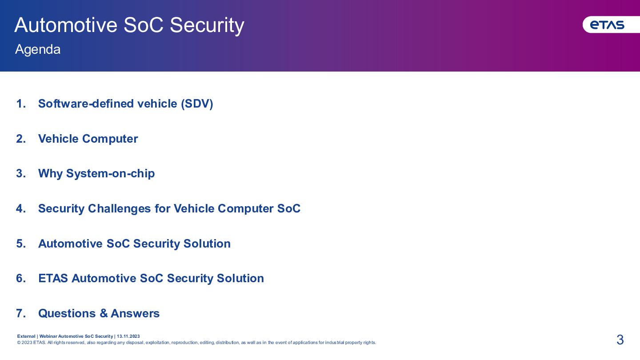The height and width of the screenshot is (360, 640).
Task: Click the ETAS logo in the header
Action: click(x=607, y=25)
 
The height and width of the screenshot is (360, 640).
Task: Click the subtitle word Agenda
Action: click(x=38, y=49)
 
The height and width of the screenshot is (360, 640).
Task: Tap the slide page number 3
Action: click(x=620, y=340)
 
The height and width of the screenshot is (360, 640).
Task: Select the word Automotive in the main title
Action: click(x=66, y=25)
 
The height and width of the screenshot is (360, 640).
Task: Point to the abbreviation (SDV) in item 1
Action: click(x=197, y=104)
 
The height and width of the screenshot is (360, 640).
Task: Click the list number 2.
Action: click(x=21, y=139)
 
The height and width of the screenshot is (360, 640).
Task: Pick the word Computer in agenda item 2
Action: click(x=110, y=139)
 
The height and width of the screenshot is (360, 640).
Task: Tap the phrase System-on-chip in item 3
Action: click(x=110, y=174)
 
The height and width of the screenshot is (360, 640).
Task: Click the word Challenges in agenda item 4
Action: click(x=119, y=209)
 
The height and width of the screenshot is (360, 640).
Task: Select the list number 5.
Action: click(x=21, y=244)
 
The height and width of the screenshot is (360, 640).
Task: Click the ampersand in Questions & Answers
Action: click(x=104, y=313)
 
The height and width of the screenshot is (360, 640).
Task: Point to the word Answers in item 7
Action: click(x=135, y=313)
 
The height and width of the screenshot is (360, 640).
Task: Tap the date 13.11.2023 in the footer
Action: click(x=128, y=336)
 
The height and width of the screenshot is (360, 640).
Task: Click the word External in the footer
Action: click(x=26, y=336)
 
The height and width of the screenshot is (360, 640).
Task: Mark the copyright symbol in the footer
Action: click(x=19, y=343)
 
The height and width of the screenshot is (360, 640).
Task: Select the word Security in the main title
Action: click(x=207, y=25)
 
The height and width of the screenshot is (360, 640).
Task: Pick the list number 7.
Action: click(x=21, y=313)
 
